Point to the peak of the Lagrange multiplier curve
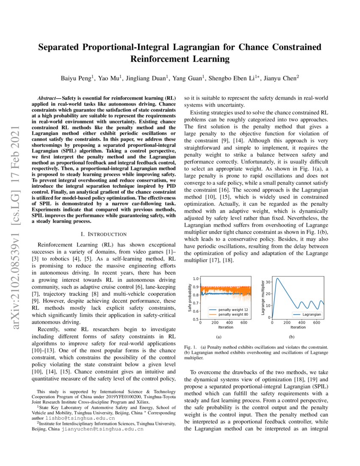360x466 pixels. click(x=277, y=278)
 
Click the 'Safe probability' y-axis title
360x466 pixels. click(x=189, y=298)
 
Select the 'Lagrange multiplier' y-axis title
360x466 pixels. click(x=263, y=297)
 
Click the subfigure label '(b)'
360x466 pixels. click(x=291, y=337)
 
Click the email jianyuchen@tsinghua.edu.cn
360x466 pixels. click(x=102, y=428)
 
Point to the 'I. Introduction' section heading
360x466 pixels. click(x=103, y=234)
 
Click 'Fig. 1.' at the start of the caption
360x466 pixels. click(x=191, y=347)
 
